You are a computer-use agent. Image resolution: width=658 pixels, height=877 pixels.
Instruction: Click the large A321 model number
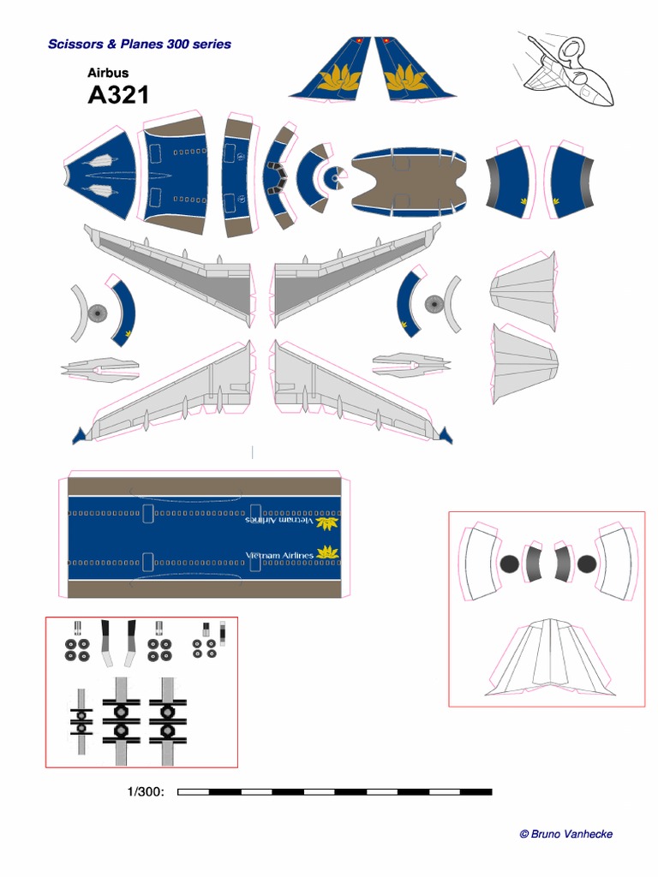pyautogui.click(x=118, y=94)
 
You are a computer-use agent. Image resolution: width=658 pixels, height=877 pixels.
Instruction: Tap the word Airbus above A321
pyautogui.click(x=108, y=73)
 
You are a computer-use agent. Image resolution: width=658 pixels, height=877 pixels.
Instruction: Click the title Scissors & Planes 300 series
pyautogui.click(x=139, y=44)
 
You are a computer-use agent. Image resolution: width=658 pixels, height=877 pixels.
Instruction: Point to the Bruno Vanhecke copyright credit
pyautogui.click(x=565, y=833)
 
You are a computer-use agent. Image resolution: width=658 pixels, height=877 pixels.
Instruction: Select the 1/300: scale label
pyautogui.click(x=146, y=792)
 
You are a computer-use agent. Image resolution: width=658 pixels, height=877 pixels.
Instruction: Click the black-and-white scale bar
pyautogui.click(x=334, y=792)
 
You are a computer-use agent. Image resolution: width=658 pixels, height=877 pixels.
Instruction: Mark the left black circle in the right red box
pyautogui.click(x=510, y=564)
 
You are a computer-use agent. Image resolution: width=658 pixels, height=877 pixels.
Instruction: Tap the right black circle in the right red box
pyautogui.click(x=586, y=564)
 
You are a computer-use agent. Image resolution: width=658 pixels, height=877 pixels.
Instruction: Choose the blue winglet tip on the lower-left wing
pyautogui.click(x=80, y=436)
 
